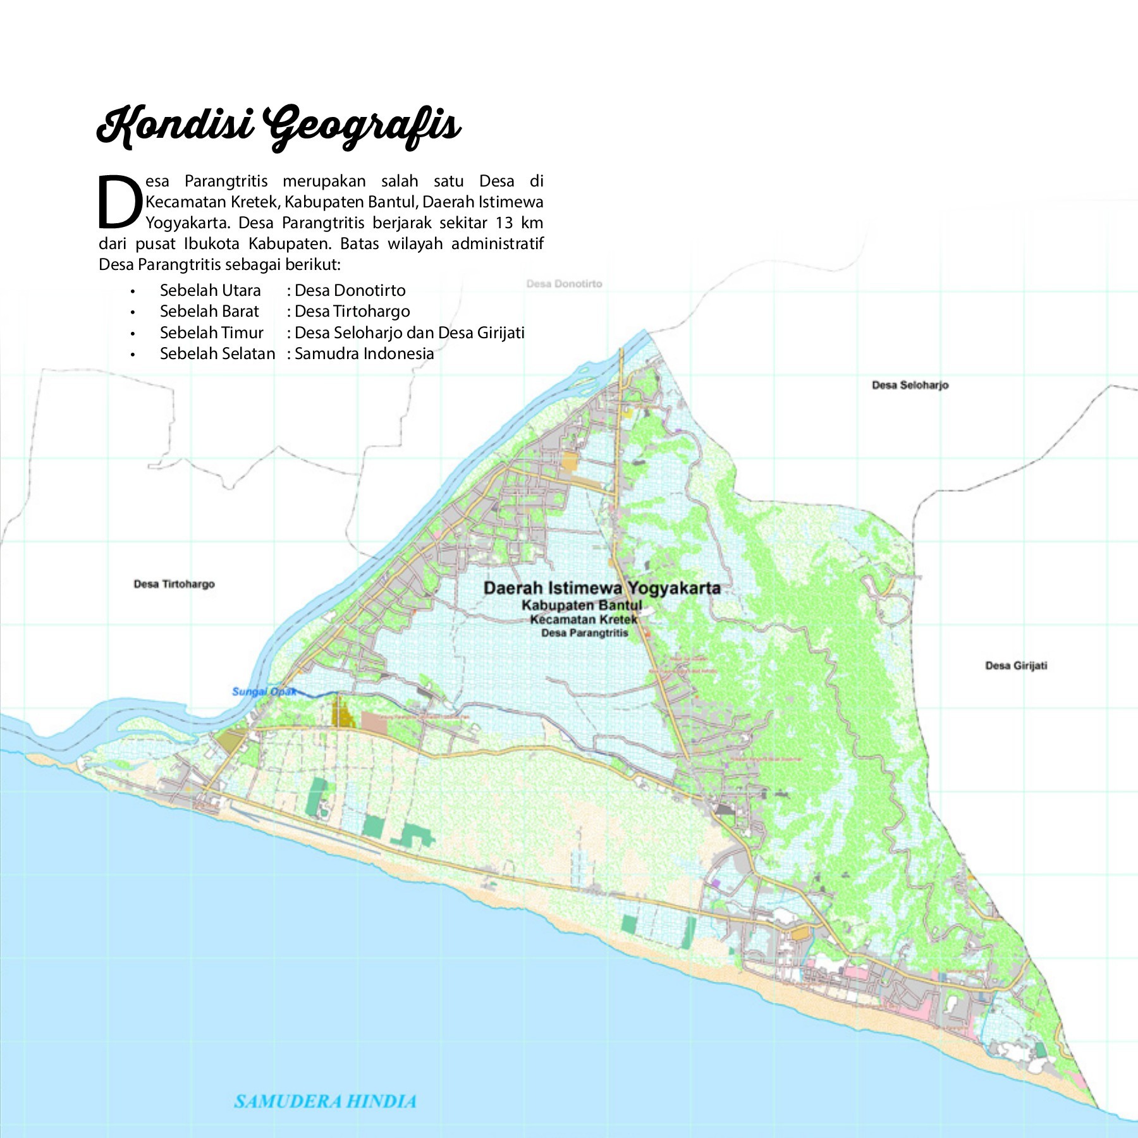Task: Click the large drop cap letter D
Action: (x=119, y=202)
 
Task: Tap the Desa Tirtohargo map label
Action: (x=174, y=584)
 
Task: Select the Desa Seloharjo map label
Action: (x=910, y=385)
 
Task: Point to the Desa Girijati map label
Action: (x=1016, y=666)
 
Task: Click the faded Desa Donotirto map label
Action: (x=564, y=284)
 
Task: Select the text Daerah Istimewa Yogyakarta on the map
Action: (x=601, y=589)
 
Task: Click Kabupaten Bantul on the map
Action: (x=582, y=606)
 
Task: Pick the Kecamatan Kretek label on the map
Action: (x=583, y=620)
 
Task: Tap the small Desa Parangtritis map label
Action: (x=584, y=633)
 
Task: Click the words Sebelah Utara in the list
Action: (x=210, y=291)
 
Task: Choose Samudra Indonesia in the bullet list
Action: (x=364, y=353)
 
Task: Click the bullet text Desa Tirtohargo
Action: (x=352, y=312)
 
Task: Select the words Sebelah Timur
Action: (x=211, y=333)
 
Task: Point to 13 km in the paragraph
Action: (x=519, y=223)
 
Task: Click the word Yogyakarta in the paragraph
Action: (x=186, y=223)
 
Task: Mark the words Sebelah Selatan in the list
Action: (x=217, y=353)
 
